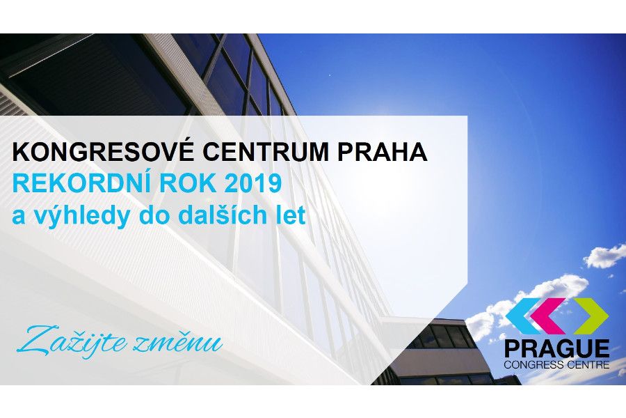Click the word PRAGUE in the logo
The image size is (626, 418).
(557, 348)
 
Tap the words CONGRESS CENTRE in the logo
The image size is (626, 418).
(557, 364)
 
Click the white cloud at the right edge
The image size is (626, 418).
(604, 255)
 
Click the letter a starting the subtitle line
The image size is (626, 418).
(19, 216)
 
